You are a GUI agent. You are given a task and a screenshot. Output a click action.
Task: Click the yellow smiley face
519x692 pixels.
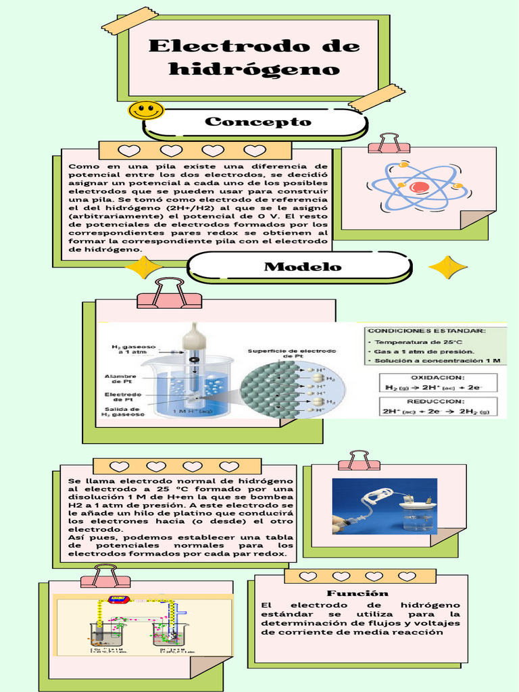146,109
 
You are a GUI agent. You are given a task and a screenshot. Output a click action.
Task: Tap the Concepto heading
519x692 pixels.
257,122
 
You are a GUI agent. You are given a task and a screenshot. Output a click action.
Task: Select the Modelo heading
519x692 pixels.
302,266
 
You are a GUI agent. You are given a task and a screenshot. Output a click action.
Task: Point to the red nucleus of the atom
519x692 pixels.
420,187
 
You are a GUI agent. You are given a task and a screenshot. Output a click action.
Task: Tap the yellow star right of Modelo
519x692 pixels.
447,268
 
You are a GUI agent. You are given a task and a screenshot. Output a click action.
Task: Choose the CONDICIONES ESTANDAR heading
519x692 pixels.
427,330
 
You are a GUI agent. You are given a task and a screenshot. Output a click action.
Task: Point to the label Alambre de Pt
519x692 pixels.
121,379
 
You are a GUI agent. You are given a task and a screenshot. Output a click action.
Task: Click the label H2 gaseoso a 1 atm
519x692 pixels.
133,349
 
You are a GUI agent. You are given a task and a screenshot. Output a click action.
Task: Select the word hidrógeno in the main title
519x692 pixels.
254,70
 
